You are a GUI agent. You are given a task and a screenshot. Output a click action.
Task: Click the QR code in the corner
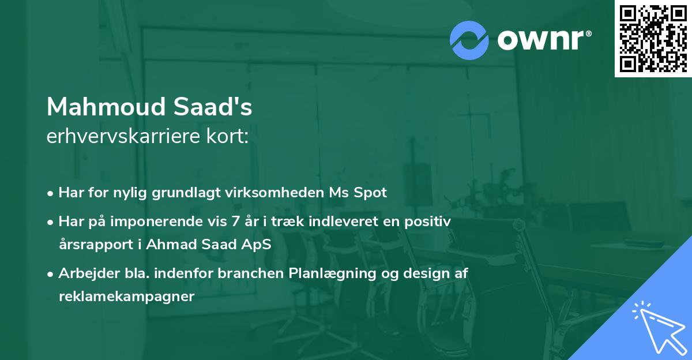653,39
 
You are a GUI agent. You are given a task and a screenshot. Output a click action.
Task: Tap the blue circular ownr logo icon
469,40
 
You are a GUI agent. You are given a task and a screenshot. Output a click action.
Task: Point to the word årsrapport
92,244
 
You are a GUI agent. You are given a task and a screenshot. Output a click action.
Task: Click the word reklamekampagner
127,297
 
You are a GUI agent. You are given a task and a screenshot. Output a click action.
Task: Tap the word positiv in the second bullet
430,221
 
